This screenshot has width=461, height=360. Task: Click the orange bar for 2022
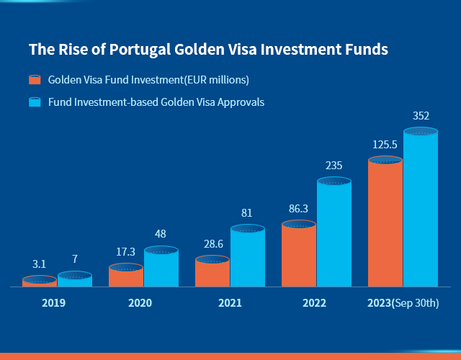(x=299, y=256)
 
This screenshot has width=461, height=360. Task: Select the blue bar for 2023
(x=421, y=209)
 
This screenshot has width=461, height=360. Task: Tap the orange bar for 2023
(x=385, y=223)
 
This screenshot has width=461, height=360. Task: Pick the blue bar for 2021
(x=248, y=258)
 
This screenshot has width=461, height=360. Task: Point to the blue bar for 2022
(x=334, y=234)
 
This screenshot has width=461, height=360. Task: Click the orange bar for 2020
(x=126, y=276)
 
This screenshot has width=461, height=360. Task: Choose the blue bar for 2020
(x=161, y=268)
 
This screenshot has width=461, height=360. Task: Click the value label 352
(x=421, y=115)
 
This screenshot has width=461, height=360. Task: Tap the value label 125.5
(x=385, y=145)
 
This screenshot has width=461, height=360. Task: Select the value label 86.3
(x=298, y=209)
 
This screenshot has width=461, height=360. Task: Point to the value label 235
(x=334, y=165)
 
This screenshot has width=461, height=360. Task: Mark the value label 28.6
(x=212, y=245)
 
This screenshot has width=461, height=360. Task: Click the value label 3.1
(x=39, y=264)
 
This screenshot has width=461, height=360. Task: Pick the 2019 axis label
(x=53, y=303)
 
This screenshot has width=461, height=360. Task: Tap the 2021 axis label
(x=230, y=303)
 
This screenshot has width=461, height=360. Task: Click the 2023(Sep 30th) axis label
(x=403, y=303)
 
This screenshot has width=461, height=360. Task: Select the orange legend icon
(x=34, y=79)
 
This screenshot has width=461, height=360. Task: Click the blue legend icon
(x=34, y=102)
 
